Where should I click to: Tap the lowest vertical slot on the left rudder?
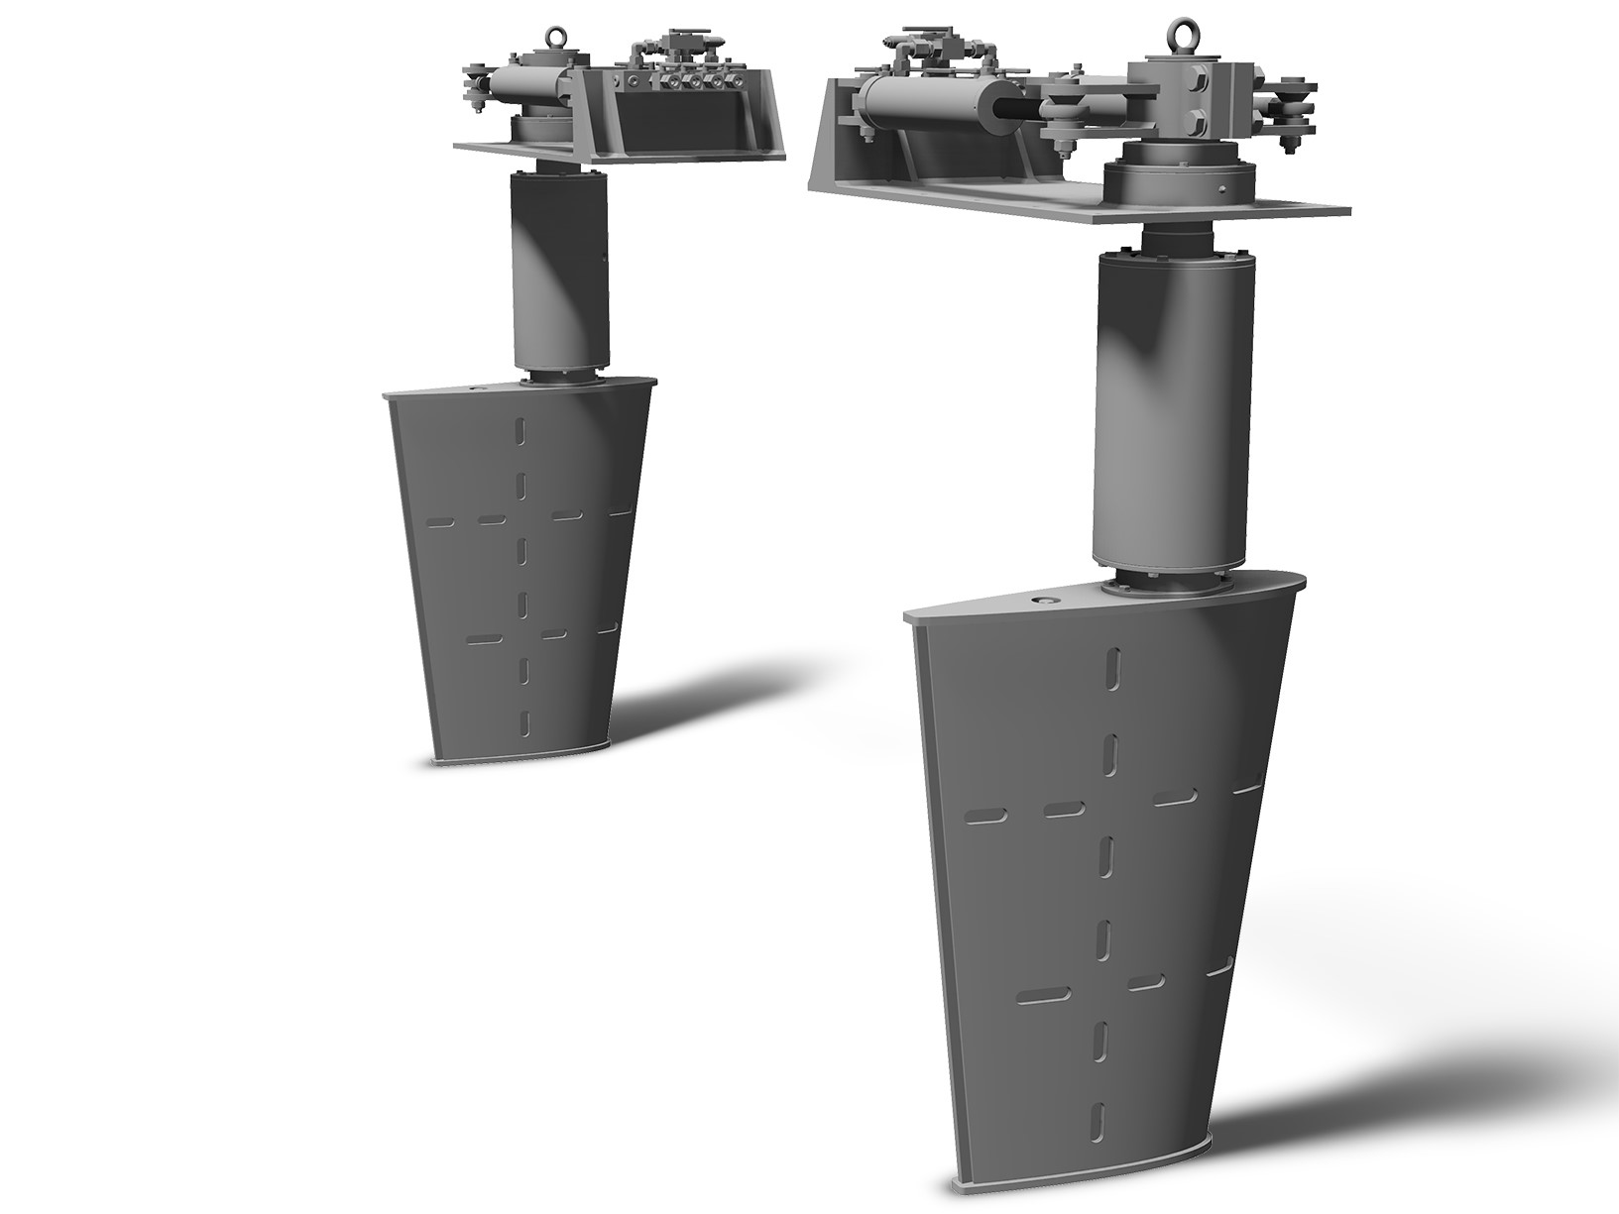pyautogui.click(x=524, y=721)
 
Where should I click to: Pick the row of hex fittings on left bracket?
pyautogui.click(x=684, y=82)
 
